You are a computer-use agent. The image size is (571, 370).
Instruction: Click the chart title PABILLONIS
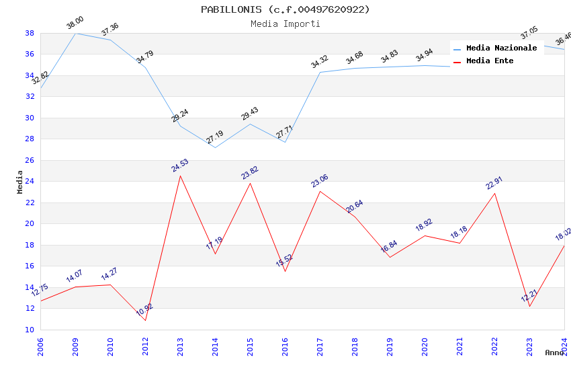tap(285, 9)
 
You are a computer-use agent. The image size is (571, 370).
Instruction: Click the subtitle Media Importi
tap(285, 24)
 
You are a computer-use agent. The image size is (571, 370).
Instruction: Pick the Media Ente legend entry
tap(490, 61)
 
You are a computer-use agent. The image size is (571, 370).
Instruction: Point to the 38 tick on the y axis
tap(30, 33)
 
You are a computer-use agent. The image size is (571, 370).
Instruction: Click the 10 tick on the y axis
tap(30, 330)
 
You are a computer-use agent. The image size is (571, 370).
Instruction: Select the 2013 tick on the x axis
tap(180, 346)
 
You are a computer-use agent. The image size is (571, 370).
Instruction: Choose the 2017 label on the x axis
tap(320, 346)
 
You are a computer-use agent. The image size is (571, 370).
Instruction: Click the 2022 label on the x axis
tap(494, 346)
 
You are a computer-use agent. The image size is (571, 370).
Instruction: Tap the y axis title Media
tap(20, 182)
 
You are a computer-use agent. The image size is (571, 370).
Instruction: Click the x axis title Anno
tap(554, 353)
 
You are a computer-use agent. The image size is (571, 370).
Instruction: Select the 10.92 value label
tap(144, 309)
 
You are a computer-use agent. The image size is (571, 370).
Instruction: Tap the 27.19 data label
tap(215, 137)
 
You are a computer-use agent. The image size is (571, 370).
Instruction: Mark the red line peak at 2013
tap(180, 176)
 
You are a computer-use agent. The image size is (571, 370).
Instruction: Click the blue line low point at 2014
tap(215, 147)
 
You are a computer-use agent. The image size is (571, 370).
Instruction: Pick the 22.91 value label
tap(494, 183)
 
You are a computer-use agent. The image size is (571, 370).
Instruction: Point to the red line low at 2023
tap(529, 307)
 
